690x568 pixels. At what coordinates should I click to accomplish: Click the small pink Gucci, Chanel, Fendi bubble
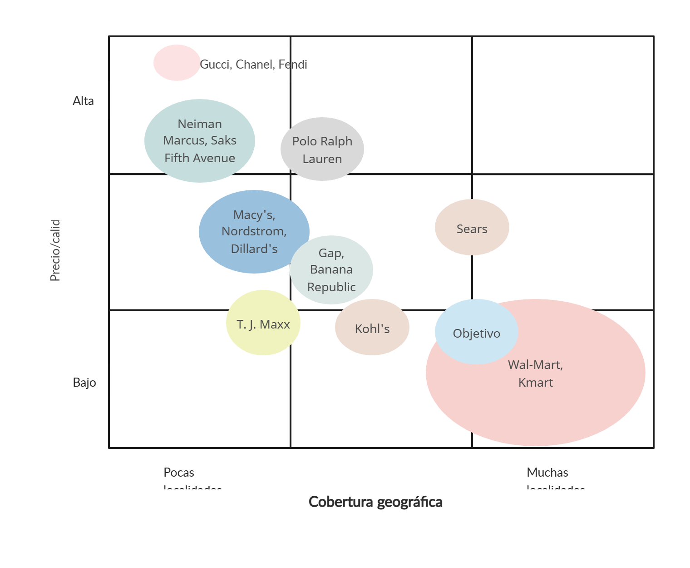click(x=177, y=63)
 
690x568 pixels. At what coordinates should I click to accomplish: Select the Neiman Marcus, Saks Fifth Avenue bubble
click(x=200, y=141)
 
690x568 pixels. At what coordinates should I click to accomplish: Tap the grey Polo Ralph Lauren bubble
click(x=322, y=149)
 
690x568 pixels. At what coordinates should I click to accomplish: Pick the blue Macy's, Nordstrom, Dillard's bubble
click(x=254, y=232)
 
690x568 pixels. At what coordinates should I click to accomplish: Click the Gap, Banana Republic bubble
click(x=331, y=270)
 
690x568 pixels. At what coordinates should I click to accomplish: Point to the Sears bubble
click(x=472, y=227)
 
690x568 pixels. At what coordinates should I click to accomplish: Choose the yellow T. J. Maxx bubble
click(x=263, y=323)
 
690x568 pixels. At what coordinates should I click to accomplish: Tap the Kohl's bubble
click(x=372, y=327)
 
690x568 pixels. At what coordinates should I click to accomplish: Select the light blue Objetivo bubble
click(x=477, y=332)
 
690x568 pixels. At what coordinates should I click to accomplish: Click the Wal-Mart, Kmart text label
click(x=536, y=374)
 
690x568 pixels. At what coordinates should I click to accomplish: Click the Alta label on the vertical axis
click(x=84, y=100)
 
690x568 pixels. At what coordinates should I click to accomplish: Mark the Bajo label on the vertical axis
click(x=85, y=382)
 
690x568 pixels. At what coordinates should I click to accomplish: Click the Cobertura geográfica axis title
click(x=376, y=502)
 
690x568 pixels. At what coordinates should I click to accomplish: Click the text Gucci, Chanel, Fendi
click(x=253, y=65)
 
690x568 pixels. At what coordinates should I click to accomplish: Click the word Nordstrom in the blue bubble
click(x=254, y=231)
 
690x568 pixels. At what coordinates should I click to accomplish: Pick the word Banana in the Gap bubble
click(x=331, y=269)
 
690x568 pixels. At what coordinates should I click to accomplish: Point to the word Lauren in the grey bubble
click(x=322, y=159)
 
